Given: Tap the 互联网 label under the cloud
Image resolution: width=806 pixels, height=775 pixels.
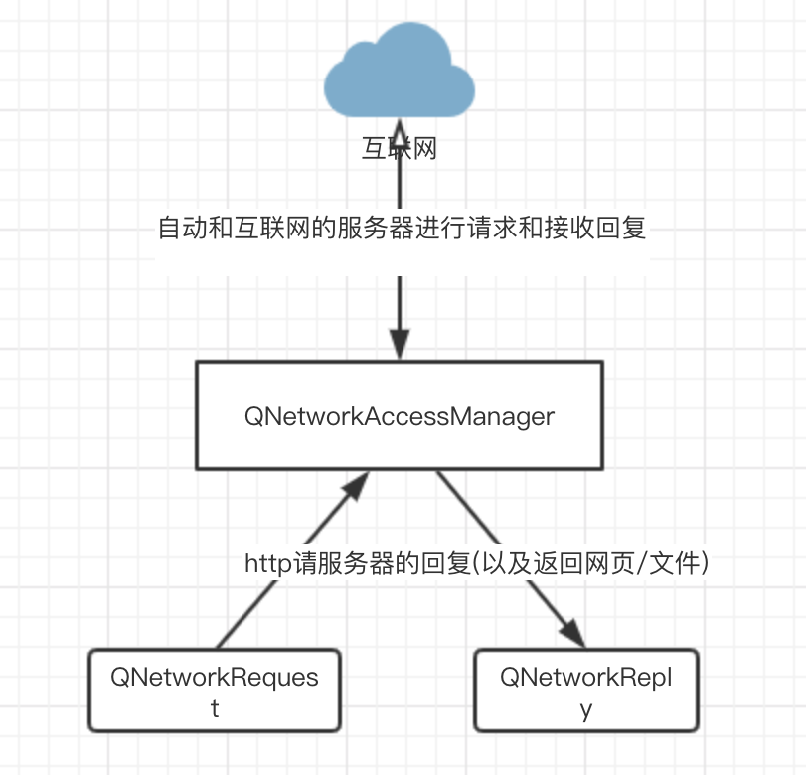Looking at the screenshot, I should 399,150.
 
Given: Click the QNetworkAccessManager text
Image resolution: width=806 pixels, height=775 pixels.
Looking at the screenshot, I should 399,416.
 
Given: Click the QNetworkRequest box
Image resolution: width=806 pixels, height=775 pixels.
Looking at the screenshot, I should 215,691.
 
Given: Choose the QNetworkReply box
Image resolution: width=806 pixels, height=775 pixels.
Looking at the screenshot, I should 586,691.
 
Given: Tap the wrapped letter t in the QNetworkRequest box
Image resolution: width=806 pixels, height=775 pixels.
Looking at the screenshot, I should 214,709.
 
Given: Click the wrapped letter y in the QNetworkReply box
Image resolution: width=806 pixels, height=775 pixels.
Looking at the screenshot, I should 586,709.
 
